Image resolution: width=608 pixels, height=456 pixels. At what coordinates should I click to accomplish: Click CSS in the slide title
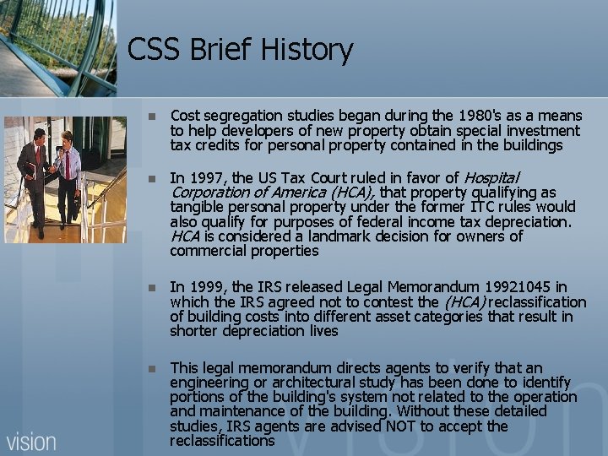154,51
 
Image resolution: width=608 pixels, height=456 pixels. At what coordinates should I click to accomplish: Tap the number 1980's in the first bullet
479,116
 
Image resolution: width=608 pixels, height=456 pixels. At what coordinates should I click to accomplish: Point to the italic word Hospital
491,177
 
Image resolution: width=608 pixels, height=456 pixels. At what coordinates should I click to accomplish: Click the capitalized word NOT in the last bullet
406,426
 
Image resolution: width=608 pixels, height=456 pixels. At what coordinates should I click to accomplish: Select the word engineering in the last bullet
207,383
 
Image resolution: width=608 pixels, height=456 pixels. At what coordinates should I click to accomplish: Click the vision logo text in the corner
31,442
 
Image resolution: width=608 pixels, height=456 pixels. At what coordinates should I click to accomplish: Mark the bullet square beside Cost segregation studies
151,116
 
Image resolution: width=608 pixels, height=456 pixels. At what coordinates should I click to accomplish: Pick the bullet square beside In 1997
151,178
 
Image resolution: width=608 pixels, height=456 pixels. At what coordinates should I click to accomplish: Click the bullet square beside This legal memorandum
151,368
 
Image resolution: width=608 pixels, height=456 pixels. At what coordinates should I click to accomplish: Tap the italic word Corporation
207,192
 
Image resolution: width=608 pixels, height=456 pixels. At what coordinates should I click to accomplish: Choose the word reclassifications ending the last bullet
222,441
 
